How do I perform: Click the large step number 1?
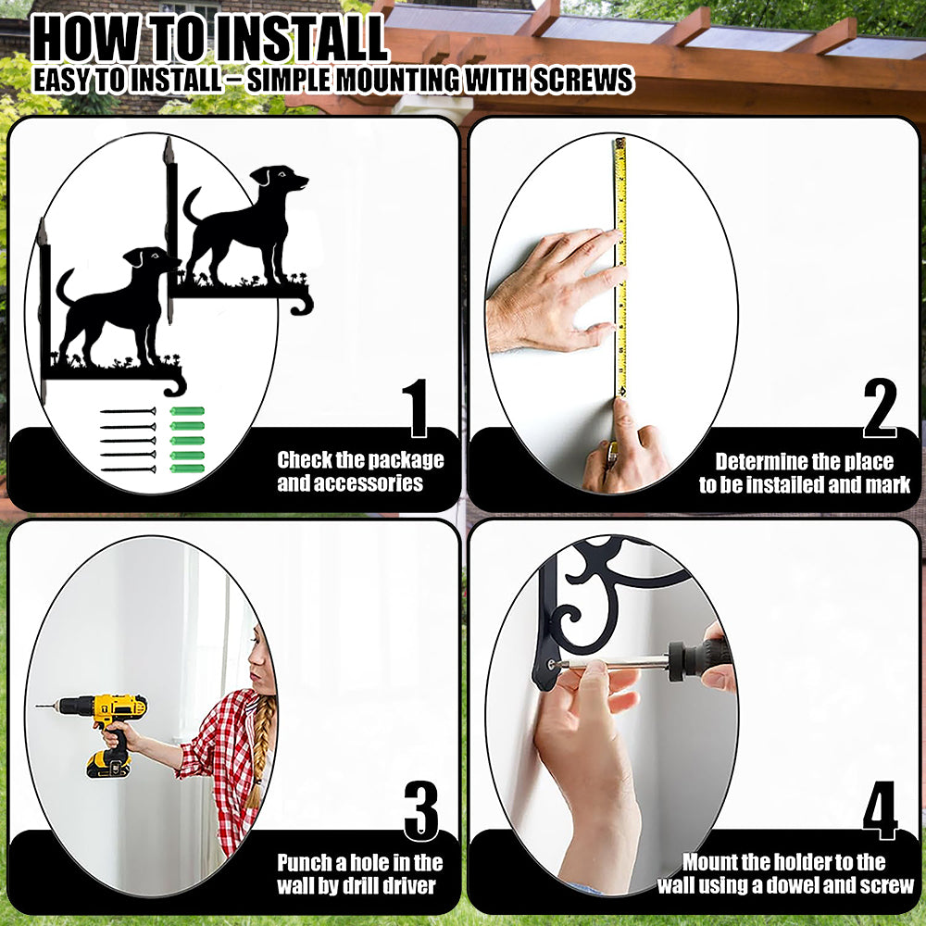[x=418, y=407]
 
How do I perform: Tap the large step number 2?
[x=880, y=407]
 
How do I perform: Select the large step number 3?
[x=421, y=810]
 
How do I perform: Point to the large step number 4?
[x=880, y=810]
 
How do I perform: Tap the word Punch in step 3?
[x=305, y=863]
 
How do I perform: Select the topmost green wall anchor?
[x=187, y=411]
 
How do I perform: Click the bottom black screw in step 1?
[x=128, y=469]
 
